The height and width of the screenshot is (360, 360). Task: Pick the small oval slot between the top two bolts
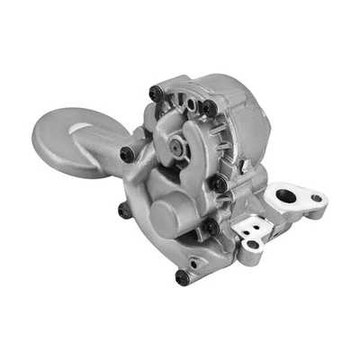click(x=184, y=101)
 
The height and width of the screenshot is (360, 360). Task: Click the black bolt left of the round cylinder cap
click(x=124, y=211)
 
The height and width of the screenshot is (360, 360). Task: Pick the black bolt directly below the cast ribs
click(x=219, y=184)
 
